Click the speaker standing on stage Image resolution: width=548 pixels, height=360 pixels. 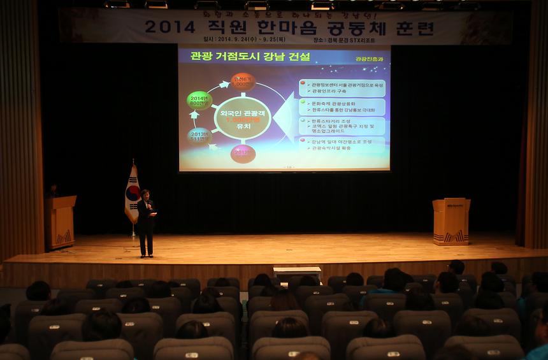pyautogui.click(x=147, y=222)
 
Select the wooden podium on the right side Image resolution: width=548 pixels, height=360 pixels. pyautogui.click(x=451, y=221)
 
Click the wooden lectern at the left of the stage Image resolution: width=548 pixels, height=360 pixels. pyautogui.click(x=61, y=222)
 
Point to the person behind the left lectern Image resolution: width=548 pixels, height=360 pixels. pyautogui.click(x=52, y=191)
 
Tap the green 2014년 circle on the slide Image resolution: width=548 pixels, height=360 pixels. pyautogui.click(x=199, y=100)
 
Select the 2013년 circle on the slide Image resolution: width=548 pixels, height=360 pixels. pyautogui.click(x=199, y=136)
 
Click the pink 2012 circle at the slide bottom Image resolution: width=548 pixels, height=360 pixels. pyautogui.click(x=243, y=154)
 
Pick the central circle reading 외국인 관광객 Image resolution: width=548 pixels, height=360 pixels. pyautogui.click(x=243, y=118)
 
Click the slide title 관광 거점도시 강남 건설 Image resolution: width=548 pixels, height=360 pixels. pyautogui.click(x=243, y=56)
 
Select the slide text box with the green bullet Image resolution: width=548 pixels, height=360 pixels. pyautogui.click(x=342, y=106)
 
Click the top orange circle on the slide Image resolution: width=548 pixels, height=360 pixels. pyautogui.click(x=243, y=82)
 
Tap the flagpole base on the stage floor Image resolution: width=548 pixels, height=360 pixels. pyautogui.click(x=133, y=236)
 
